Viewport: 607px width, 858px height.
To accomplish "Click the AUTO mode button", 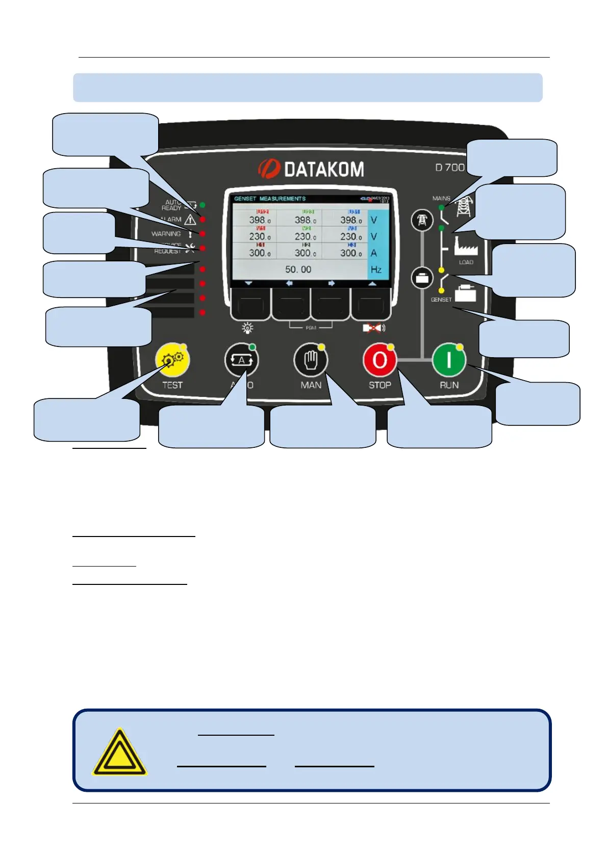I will point(241,361).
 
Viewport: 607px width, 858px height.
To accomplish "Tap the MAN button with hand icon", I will point(311,361).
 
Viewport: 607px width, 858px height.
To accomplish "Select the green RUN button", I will point(449,361).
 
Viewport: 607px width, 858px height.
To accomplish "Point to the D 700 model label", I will point(449,168).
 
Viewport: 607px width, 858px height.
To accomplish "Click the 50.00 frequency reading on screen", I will point(298,269).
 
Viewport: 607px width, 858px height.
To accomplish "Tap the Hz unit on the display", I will point(376,270).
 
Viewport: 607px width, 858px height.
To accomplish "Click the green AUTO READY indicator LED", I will point(203,205).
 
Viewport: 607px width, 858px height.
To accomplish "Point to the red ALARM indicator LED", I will point(203,219).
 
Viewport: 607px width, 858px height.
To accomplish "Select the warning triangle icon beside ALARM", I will point(190,219).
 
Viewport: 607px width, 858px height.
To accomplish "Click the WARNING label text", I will point(166,234).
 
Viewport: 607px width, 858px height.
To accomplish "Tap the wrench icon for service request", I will point(190,248).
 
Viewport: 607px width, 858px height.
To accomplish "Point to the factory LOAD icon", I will point(465,248).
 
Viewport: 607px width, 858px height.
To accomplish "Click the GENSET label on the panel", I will point(441,300).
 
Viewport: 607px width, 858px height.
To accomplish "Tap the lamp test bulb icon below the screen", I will point(248,328).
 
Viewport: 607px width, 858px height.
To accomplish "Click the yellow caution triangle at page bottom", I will point(119,752).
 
